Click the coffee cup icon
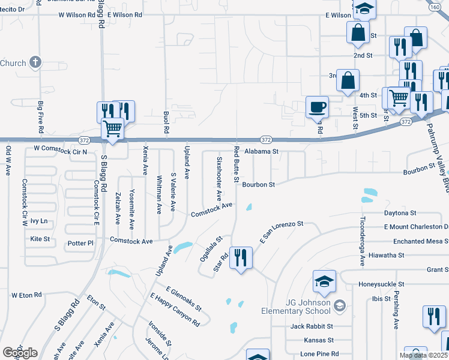click(x=317, y=107)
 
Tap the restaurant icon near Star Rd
click(x=241, y=258)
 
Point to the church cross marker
click(x=35, y=62)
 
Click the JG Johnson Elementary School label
click(x=295, y=307)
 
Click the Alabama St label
click(x=262, y=152)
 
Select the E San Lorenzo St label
click(x=282, y=232)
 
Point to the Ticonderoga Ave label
click(x=363, y=241)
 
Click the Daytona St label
click(x=400, y=213)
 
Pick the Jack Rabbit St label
click(x=312, y=326)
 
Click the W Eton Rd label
click(x=26, y=295)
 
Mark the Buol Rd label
click(x=166, y=122)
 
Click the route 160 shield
click(x=435, y=7)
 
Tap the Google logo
click(x=20, y=353)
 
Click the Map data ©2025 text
click(x=423, y=356)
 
